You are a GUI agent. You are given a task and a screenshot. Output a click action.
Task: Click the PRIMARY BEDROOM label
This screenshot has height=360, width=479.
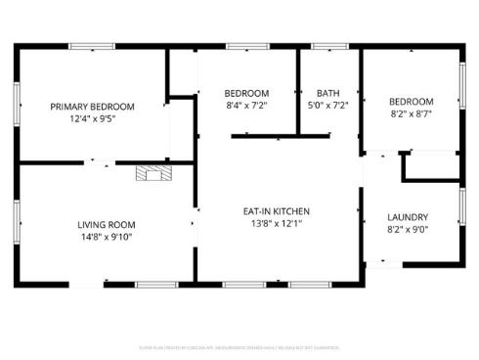(x=93, y=106)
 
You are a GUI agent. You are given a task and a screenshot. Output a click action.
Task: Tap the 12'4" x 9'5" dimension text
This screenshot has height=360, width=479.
(x=93, y=118)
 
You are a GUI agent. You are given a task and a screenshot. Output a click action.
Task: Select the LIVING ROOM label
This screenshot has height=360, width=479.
(x=107, y=224)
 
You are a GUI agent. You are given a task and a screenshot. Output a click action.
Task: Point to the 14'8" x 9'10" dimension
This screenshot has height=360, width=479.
(x=107, y=237)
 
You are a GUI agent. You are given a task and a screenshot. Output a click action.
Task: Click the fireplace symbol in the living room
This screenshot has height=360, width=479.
(x=152, y=174)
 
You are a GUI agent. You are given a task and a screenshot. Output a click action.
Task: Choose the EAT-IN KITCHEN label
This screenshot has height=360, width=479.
(x=277, y=210)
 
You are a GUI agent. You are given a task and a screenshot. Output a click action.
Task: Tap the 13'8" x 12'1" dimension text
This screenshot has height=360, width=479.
(x=277, y=223)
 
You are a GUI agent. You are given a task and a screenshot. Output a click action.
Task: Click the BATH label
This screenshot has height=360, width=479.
(x=327, y=93)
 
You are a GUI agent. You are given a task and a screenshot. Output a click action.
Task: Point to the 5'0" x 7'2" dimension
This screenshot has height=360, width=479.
(x=327, y=106)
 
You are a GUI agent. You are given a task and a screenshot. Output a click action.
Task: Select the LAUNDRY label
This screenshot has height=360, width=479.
(x=408, y=217)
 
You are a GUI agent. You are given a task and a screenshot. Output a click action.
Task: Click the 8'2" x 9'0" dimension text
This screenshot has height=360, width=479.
(x=408, y=231)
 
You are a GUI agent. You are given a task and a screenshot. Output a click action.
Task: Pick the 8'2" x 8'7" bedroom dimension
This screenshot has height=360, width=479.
(x=411, y=113)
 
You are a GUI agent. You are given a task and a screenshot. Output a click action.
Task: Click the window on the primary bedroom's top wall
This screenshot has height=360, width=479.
(x=91, y=46)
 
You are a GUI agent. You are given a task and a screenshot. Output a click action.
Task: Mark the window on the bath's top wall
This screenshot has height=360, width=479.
(x=329, y=46)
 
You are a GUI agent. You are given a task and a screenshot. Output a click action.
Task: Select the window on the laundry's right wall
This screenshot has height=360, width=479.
(x=461, y=207)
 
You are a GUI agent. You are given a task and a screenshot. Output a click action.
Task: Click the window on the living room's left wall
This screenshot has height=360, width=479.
(x=17, y=215)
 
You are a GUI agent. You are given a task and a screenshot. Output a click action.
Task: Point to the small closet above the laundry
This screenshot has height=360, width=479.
(x=430, y=166)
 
